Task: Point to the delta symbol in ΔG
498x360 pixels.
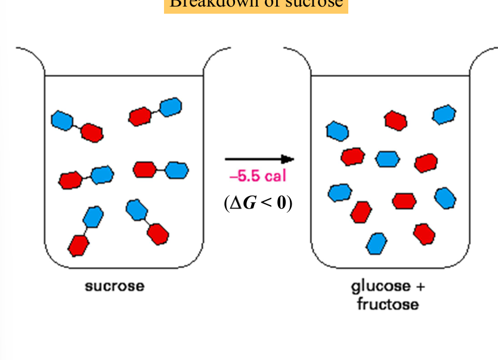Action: point(234,203)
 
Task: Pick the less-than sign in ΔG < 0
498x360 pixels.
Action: point(265,203)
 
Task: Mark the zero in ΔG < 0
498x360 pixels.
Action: point(281,203)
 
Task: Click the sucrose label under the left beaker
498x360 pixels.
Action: point(115,286)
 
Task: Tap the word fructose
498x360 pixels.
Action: point(388,305)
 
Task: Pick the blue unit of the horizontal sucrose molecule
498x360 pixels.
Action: point(177,170)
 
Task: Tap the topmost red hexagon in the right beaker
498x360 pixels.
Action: point(395,120)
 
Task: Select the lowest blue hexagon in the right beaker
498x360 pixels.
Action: point(376,243)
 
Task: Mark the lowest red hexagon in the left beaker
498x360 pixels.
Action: point(78,245)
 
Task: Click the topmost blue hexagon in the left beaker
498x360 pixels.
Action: point(171,107)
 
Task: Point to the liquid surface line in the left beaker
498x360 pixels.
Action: point(124,76)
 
